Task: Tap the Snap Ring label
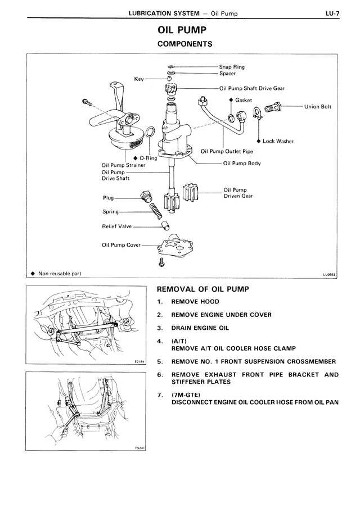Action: pyautogui.click(x=231, y=67)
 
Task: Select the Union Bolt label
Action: pyautogui.click(x=317, y=106)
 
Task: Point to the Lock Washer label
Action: pyautogui.click(x=278, y=141)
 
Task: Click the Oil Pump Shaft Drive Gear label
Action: pyautogui.click(x=251, y=88)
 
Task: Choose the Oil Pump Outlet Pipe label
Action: pyautogui.click(x=227, y=151)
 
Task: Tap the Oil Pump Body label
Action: pyautogui.click(x=242, y=164)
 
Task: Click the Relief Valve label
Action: pyautogui.click(x=116, y=226)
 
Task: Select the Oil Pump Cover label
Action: pyautogui.click(x=121, y=245)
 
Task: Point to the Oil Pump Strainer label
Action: pyautogui.click(x=119, y=165)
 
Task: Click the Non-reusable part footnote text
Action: pyautogui.click(x=60, y=274)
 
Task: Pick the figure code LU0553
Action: pyautogui.click(x=328, y=275)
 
